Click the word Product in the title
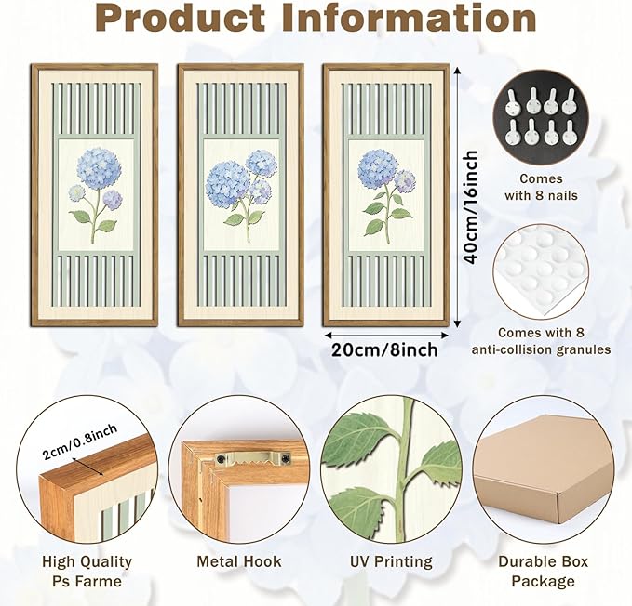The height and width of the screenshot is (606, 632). point(182,18)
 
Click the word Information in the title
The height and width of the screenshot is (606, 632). point(409,18)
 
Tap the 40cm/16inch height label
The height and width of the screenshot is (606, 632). point(470,207)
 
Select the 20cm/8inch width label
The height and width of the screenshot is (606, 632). point(384,349)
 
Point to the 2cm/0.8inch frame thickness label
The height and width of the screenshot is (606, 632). point(79,441)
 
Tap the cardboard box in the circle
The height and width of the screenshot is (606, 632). point(545,471)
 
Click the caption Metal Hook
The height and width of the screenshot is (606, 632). point(239,561)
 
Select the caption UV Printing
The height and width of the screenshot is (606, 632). point(391,561)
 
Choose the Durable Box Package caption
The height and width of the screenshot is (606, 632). point(544,572)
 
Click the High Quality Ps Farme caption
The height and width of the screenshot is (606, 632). point(87,572)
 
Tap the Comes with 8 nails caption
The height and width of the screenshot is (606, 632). point(541,187)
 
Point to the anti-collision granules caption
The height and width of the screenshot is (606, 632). point(541,341)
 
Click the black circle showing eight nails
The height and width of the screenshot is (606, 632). point(542,117)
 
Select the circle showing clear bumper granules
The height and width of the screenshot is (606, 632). point(542,272)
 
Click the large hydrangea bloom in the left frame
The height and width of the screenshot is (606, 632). point(97,168)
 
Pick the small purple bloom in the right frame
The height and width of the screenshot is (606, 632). point(405,181)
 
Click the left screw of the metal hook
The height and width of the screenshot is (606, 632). point(221,458)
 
